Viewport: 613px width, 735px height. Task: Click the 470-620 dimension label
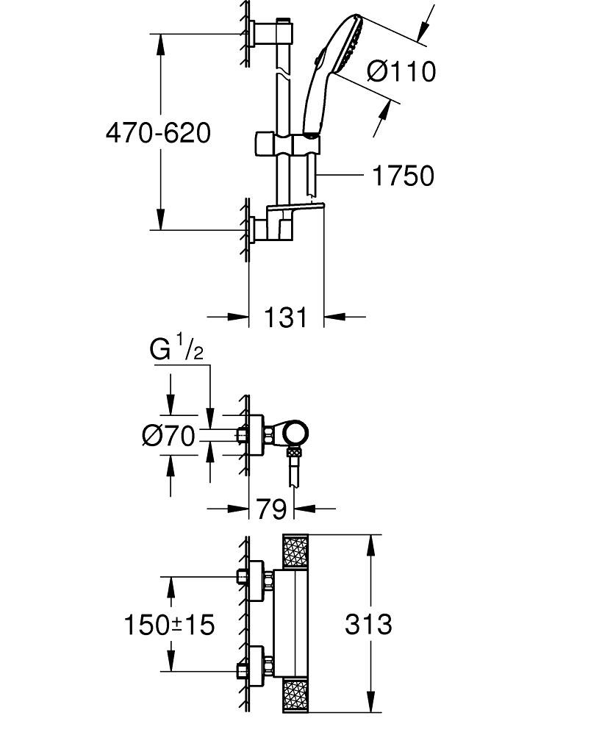pyautogui.click(x=157, y=133)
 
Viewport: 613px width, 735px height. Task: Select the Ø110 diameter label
pyautogui.click(x=401, y=71)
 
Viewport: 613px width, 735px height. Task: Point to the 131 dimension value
pyautogui.click(x=285, y=318)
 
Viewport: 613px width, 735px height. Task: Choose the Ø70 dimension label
pyautogui.click(x=168, y=437)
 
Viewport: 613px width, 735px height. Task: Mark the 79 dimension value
pyautogui.click(x=270, y=509)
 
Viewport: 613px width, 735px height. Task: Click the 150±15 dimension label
pyautogui.click(x=168, y=625)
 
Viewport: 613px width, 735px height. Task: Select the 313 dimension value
pyautogui.click(x=368, y=625)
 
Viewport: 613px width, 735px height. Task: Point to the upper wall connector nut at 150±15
pyautogui.click(x=243, y=576)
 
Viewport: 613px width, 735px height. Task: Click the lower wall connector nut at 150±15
pyautogui.click(x=243, y=670)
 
